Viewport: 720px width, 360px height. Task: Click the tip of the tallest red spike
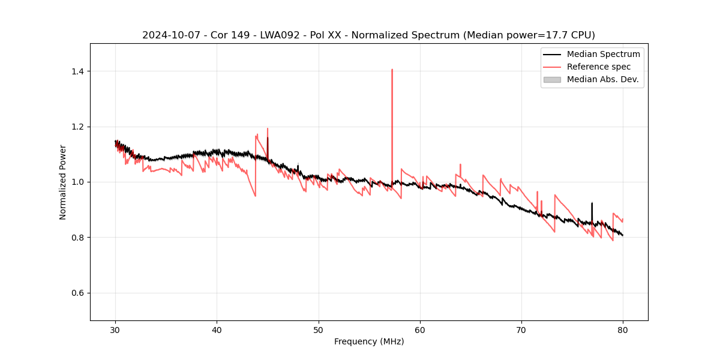pyautogui.click(x=392, y=70)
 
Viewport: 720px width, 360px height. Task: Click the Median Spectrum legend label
pyautogui.click(x=603, y=54)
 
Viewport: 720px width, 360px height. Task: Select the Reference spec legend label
pyautogui.click(x=599, y=67)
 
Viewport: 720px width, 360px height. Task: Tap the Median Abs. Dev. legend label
pyautogui.click(x=602, y=79)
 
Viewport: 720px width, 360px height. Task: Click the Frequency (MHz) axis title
pyautogui.click(x=369, y=341)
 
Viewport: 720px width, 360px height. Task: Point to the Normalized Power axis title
pyautogui.click(x=63, y=182)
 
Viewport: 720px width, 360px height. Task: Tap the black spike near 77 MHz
pyautogui.click(x=592, y=204)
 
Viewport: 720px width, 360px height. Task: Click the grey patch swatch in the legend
pyautogui.click(x=552, y=79)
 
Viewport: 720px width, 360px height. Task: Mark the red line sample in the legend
pyautogui.click(x=552, y=67)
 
